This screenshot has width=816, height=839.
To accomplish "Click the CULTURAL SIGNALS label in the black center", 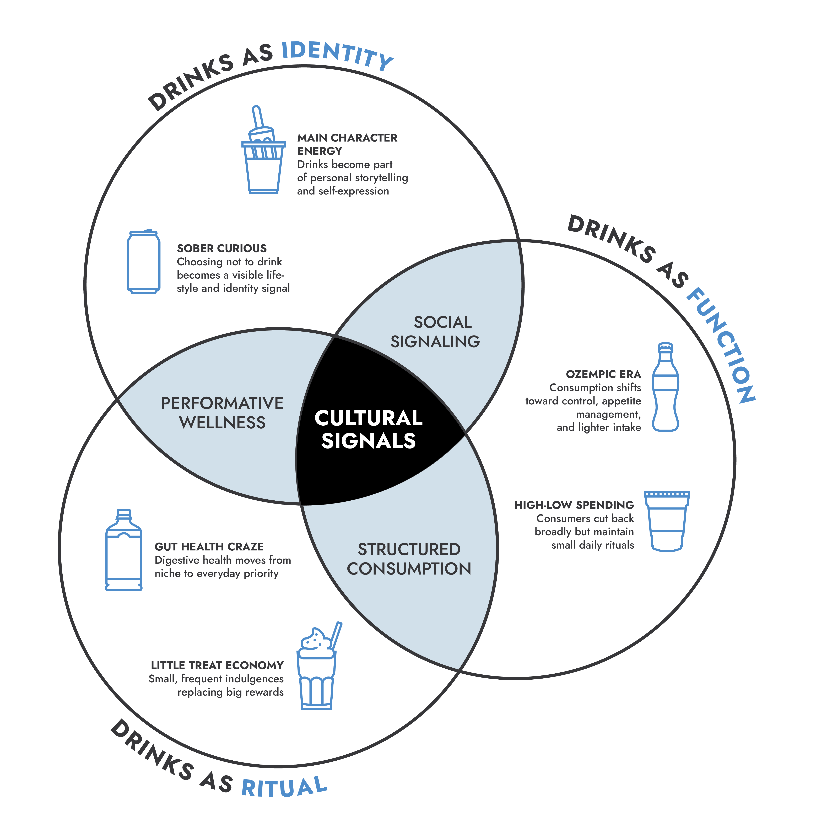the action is (369, 429).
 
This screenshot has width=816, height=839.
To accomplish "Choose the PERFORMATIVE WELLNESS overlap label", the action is (222, 413).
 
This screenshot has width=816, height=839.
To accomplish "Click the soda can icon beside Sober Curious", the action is (144, 261).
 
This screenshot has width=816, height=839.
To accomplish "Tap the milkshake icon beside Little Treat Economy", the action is (318, 665).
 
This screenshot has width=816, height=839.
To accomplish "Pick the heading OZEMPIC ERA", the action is (603, 374).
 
